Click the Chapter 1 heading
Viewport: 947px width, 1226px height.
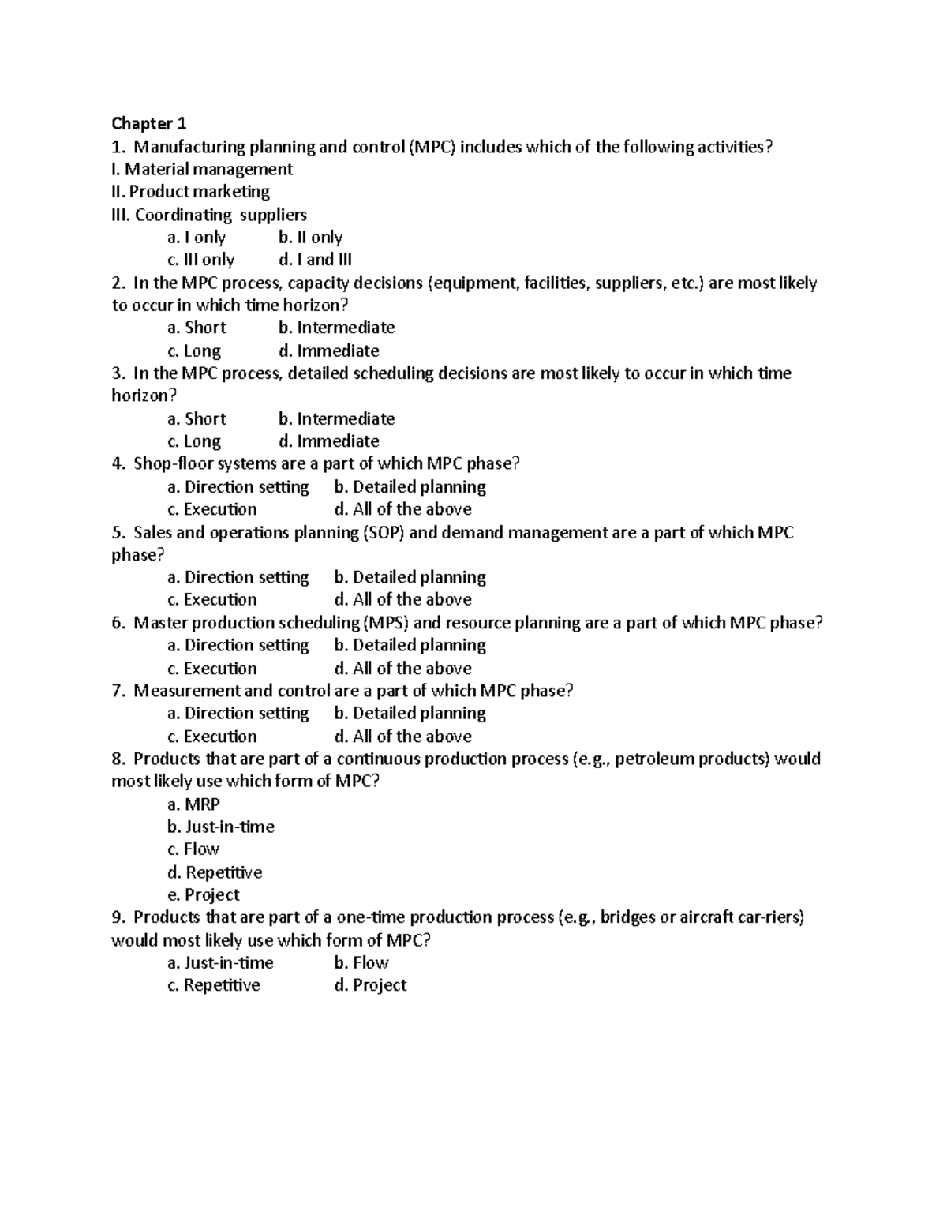point(149,123)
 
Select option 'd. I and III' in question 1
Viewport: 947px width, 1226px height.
point(315,260)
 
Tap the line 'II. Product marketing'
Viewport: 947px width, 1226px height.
point(191,192)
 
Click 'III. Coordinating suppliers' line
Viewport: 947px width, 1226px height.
point(209,215)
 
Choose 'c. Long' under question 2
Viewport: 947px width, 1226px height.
point(194,351)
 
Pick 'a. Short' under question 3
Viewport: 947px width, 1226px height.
point(197,418)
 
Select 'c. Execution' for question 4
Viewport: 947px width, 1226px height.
point(212,509)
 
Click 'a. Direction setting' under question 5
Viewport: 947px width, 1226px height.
point(238,577)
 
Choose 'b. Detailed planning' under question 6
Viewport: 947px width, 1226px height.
point(410,645)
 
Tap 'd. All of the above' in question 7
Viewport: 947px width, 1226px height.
point(402,737)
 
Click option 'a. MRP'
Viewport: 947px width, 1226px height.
point(193,804)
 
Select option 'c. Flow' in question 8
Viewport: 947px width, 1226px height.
point(193,849)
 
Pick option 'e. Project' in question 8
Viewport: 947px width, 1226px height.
point(204,894)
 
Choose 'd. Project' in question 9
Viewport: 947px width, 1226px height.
point(370,985)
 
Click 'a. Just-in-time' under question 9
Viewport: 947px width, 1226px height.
point(220,962)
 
